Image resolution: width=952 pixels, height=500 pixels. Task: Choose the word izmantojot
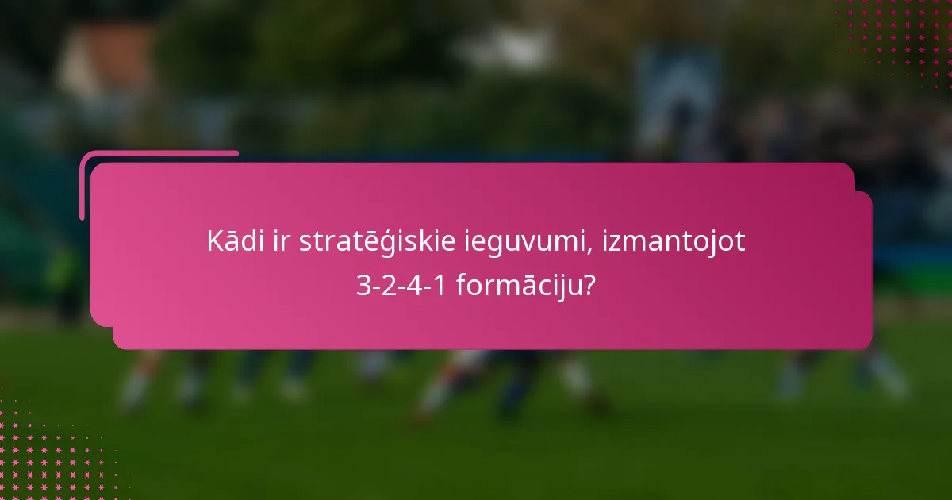[674, 242]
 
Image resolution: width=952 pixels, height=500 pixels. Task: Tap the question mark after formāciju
[589, 285]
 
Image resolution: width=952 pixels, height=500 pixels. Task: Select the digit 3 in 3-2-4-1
[363, 286]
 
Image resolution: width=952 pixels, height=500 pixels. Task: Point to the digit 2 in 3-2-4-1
[389, 286]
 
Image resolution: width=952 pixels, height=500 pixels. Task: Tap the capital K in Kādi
[215, 242]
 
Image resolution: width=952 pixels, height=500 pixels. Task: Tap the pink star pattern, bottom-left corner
[48, 452]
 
